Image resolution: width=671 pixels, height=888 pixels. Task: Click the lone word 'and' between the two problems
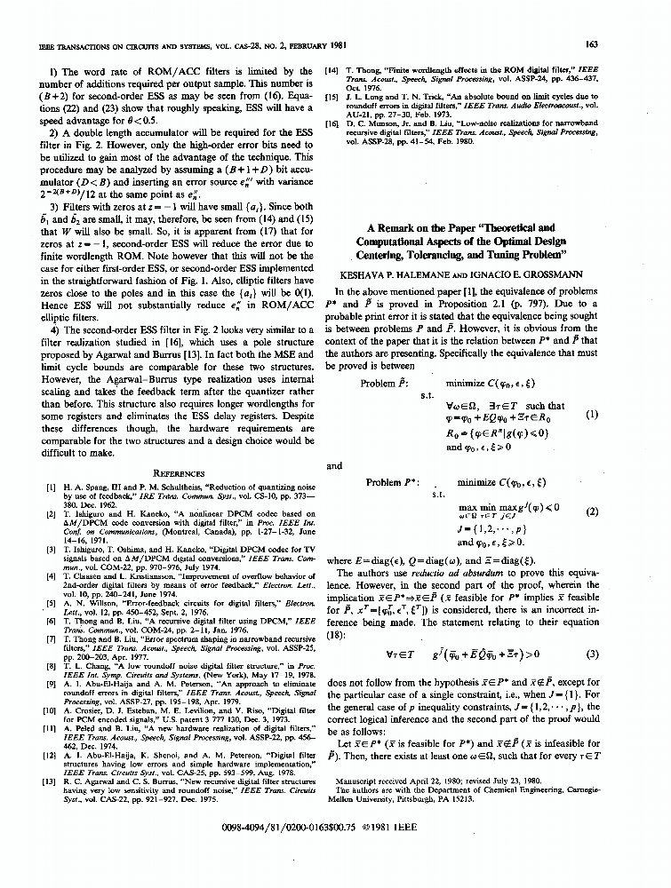334,464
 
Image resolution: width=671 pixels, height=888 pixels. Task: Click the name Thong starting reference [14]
365,68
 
